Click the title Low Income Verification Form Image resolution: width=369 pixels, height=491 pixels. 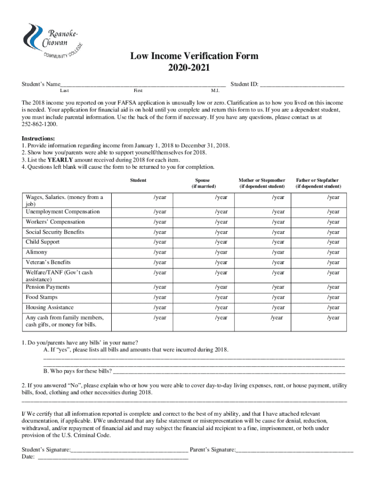point(195,56)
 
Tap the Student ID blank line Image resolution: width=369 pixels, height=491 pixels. point(302,84)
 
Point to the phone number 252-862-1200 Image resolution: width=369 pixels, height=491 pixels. point(40,124)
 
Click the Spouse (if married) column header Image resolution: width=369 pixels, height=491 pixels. point(204,183)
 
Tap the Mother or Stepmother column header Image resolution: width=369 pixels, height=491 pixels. point(262,183)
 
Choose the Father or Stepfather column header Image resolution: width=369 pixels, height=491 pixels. point(318,183)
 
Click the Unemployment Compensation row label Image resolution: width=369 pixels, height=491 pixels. point(63,211)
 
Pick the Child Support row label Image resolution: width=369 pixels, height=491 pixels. point(43,242)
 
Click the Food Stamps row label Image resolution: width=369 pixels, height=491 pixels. point(42,297)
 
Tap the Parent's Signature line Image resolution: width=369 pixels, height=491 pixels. point(295,450)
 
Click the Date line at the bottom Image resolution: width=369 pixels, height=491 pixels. point(113,457)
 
